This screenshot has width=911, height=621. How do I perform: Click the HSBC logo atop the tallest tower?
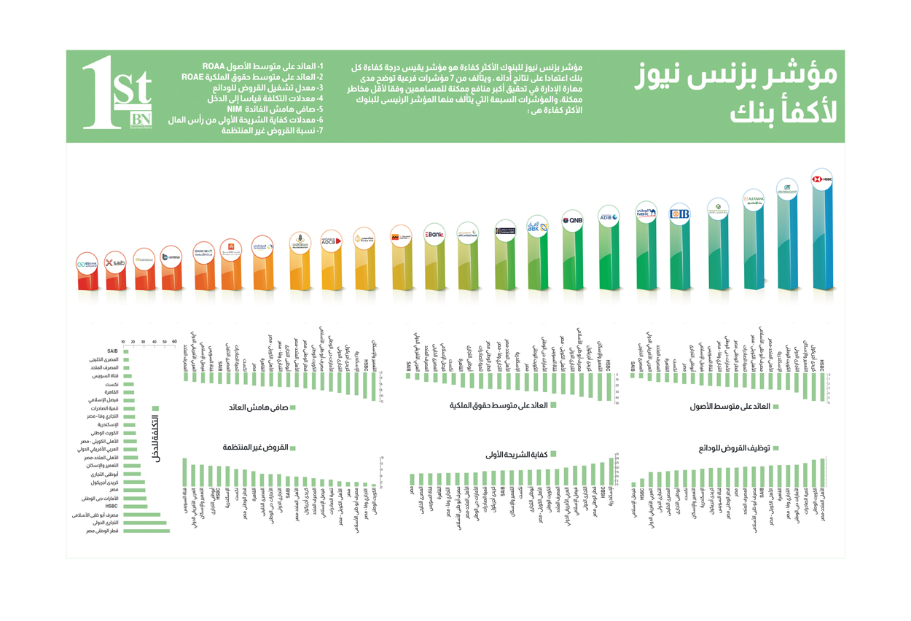click(x=821, y=179)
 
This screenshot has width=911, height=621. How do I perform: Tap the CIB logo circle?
click(x=679, y=214)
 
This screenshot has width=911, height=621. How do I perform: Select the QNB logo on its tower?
click(x=572, y=220)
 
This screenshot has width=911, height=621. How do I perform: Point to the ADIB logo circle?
click(x=608, y=216)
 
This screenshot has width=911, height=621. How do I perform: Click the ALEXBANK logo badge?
click(x=754, y=198)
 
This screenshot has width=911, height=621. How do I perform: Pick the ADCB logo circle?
click(x=331, y=241)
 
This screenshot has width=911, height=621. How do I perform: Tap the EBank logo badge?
click(x=434, y=235)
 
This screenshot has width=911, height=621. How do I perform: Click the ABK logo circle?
click(x=537, y=227)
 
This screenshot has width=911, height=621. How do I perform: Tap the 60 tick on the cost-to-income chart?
click(x=174, y=342)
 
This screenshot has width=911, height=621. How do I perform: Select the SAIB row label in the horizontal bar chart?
click(x=112, y=351)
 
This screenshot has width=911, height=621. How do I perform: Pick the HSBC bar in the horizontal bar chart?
click(x=135, y=506)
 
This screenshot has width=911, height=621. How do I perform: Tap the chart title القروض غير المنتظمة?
click(x=256, y=447)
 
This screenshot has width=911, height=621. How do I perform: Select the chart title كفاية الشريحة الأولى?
click(x=516, y=454)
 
